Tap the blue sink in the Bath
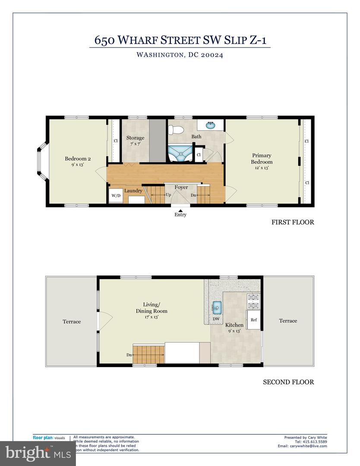210,126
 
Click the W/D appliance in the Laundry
116,196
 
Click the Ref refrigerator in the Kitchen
254,320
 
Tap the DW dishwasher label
216,319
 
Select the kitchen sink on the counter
217,307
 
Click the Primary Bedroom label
262,159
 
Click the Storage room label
135,138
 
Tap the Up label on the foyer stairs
167,195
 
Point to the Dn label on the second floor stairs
129,355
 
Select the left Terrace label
72,321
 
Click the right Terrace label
288,321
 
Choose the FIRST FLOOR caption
292,222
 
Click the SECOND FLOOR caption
288,382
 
